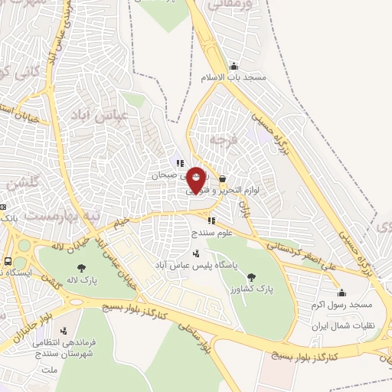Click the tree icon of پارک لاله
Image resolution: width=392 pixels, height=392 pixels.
81,267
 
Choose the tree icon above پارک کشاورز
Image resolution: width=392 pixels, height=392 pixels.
254,276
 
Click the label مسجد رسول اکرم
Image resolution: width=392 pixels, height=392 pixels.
341,304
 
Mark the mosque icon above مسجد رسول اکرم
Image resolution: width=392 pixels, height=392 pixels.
341,292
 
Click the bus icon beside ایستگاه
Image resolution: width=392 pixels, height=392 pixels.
8,261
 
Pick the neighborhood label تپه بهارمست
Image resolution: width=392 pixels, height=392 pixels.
60,217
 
